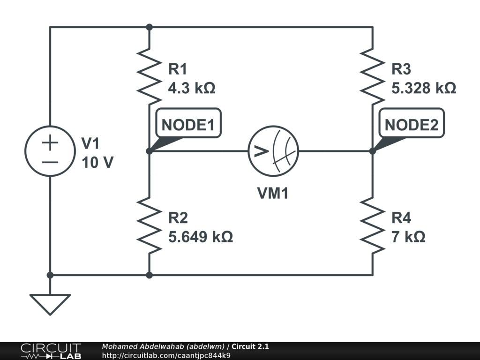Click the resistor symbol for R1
coord(149,76)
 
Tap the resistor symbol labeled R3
coord(373,76)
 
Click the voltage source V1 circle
coord(50,151)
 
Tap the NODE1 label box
coord(187,125)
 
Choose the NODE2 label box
coord(412,125)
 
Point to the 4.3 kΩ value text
coord(192,88)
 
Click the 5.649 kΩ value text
coord(200,237)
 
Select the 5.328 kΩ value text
coord(424,88)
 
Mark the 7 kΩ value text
coord(408,237)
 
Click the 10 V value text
coord(97,163)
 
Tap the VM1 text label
coord(273,193)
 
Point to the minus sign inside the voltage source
coord(50,162)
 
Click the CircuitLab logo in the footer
coord(50,351)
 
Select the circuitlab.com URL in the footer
coord(166,355)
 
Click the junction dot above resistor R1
coord(149,27)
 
